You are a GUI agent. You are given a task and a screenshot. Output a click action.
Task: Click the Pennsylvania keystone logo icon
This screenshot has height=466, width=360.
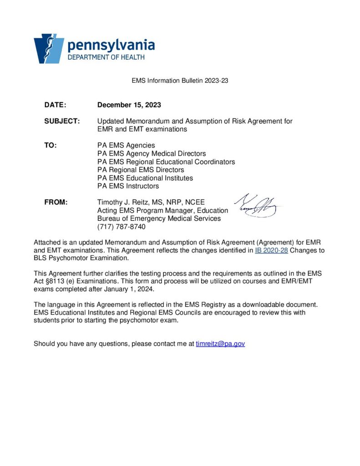click(x=49, y=48)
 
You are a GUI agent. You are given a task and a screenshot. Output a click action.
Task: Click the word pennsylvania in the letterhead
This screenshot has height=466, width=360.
click(x=111, y=45)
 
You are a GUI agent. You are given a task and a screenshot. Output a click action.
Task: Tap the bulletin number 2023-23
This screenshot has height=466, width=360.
click(x=217, y=81)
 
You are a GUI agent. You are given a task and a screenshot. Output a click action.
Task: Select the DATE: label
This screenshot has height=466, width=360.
click(x=55, y=105)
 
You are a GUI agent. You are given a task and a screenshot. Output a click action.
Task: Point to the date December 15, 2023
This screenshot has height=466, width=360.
click(x=129, y=105)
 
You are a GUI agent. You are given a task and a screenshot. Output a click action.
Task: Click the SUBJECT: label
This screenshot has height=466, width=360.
click(x=62, y=122)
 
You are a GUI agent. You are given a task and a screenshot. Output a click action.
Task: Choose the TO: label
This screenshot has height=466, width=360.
click(x=50, y=145)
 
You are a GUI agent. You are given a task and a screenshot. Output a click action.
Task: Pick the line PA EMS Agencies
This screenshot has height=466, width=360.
click(x=126, y=145)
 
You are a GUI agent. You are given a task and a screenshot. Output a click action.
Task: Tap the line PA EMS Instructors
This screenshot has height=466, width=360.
click(x=128, y=186)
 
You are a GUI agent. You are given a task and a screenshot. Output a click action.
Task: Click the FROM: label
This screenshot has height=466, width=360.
click(x=56, y=202)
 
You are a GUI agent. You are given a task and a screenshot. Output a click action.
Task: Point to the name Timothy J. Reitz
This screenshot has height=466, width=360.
click(x=126, y=202)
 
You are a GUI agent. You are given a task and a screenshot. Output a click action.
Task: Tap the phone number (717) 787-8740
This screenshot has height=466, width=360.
click(x=122, y=227)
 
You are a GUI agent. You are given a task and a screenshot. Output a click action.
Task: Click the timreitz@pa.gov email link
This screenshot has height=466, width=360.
click(x=220, y=344)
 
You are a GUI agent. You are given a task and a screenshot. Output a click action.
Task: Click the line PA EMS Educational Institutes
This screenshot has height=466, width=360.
click(x=145, y=178)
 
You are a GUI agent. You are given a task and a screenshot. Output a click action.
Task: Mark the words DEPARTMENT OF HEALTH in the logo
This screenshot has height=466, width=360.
click(x=106, y=57)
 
